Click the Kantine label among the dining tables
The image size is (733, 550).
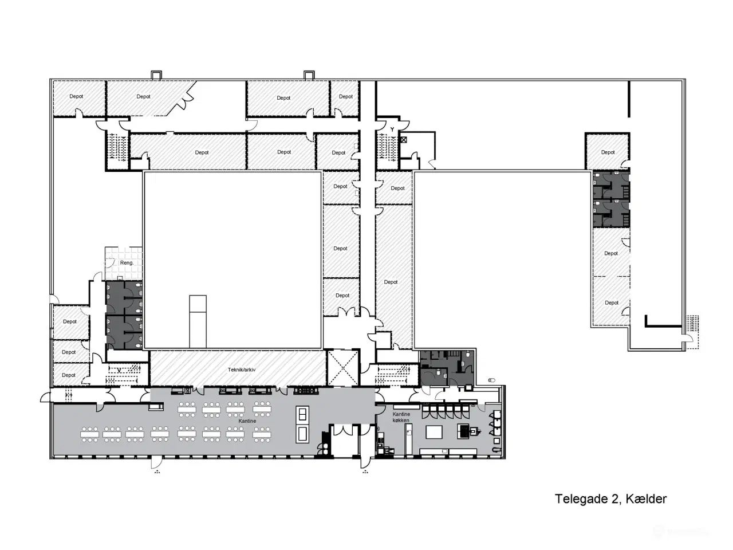(x=247, y=421)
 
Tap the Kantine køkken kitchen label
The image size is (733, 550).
(x=401, y=417)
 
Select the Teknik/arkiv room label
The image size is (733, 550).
(x=242, y=370)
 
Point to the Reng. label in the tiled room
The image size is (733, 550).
(x=127, y=263)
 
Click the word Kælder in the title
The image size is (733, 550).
(x=646, y=499)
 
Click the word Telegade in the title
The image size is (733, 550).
(x=581, y=499)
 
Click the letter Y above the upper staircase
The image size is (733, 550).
(x=392, y=129)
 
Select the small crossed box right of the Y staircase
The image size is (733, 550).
(x=403, y=140)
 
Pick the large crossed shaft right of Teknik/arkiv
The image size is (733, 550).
(x=342, y=367)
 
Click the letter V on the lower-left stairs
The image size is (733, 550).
(x=119, y=370)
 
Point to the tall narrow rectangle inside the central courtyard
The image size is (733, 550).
(x=198, y=322)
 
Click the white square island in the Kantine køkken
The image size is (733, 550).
(x=434, y=433)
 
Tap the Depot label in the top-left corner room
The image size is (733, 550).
(x=76, y=96)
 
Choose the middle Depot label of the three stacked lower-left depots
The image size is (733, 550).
(x=69, y=352)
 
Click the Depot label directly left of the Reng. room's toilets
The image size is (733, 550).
(x=70, y=321)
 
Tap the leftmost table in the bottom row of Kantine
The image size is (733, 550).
(x=89, y=434)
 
